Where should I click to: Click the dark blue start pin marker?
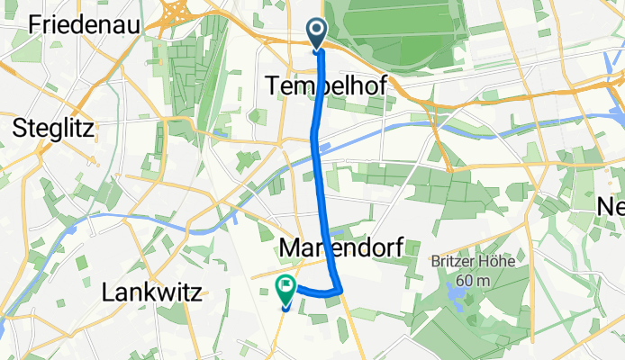tap(319, 34)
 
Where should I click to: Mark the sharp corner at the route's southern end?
tap(342, 290)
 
